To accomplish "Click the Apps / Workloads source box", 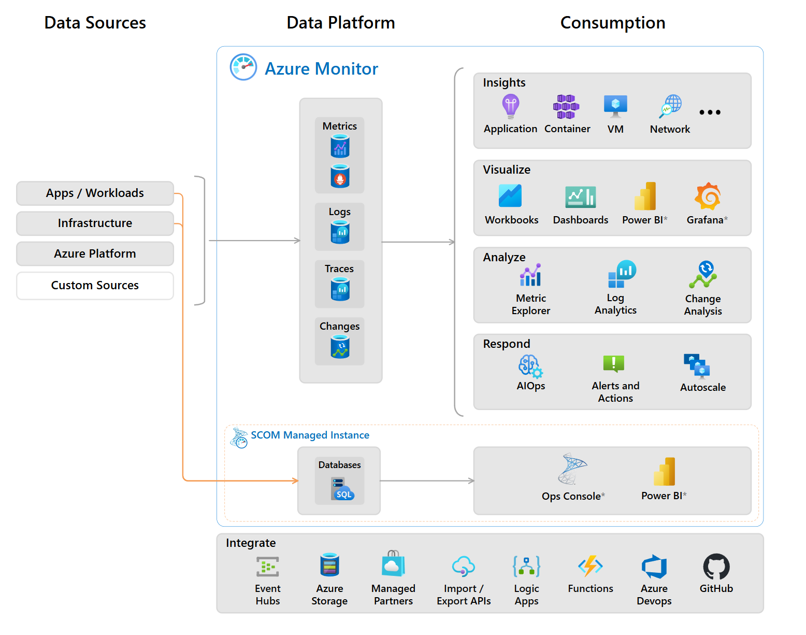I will tap(95, 193).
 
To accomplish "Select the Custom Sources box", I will tap(95, 286).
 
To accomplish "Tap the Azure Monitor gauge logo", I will tap(243, 67).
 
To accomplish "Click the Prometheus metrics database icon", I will tap(340, 176).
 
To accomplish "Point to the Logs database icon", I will tap(340, 232).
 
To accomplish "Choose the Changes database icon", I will tap(340, 347).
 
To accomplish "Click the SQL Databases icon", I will tap(341, 489).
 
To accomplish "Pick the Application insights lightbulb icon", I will tap(511, 106).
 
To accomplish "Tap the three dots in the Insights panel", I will tap(710, 112).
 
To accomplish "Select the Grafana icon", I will tap(708, 196).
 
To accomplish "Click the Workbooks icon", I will tap(510, 196).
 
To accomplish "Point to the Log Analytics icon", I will tap(621, 274).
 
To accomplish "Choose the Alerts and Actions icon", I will tap(614, 363).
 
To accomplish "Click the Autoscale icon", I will tap(697, 366).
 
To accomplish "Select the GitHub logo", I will tap(716, 567).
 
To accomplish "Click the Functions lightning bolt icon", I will tap(591, 566).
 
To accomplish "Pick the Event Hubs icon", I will tap(268, 567).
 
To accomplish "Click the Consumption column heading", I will tap(613, 23).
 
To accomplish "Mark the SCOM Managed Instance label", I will tap(310, 435).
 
